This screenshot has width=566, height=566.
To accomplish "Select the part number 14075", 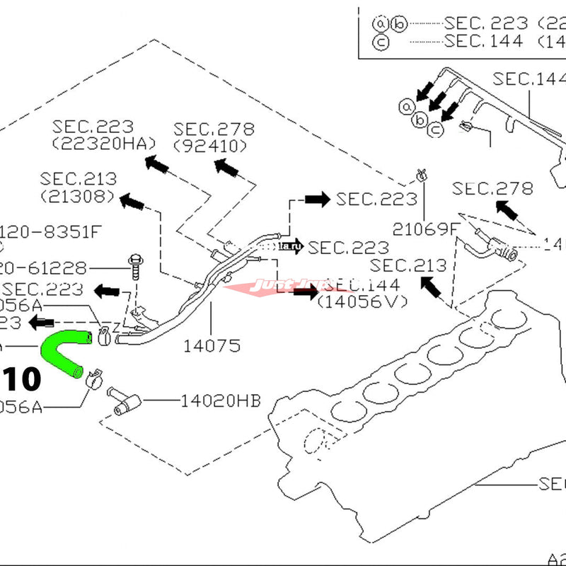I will pos(212,346).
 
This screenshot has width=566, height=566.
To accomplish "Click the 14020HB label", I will pos(220,401).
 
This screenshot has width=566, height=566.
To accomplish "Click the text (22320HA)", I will pos(103,144).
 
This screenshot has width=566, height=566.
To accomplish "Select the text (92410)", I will pos(209,146).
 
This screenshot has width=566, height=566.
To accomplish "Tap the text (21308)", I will pos(78,195).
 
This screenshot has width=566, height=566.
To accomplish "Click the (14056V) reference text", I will pos(363,302).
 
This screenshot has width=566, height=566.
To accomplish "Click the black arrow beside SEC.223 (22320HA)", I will pos(156,166).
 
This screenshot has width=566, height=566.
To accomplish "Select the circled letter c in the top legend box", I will pos(379,41).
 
